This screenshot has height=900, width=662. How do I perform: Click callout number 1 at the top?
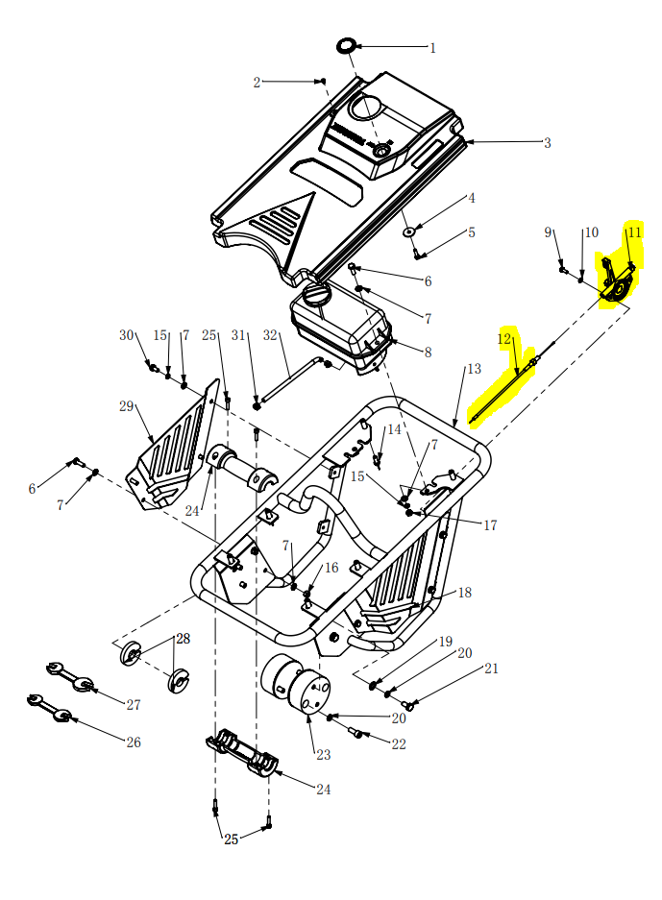pyautogui.click(x=432, y=47)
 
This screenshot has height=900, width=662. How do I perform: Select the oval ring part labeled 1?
pyautogui.click(x=346, y=45)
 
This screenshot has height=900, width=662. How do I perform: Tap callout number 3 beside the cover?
pyautogui.click(x=547, y=143)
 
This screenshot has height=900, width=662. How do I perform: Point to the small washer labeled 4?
pyautogui.click(x=408, y=231)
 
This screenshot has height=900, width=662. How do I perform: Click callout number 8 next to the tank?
pyautogui.click(x=428, y=353)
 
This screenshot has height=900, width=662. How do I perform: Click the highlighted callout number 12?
pyautogui.click(x=504, y=339)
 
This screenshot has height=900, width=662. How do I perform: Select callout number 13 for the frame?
pyautogui.click(x=474, y=369)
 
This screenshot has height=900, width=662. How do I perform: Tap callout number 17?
pyautogui.click(x=490, y=525)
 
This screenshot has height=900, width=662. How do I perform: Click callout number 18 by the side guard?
pyautogui.click(x=465, y=593)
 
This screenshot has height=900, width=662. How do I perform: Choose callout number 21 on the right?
pyautogui.click(x=491, y=669)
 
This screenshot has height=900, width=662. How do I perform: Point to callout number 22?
pyautogui.click(x=399, y=744)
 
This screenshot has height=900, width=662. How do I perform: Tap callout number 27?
pyautogui.click(x=133, y=705)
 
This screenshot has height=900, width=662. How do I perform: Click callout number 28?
pyautogui.click(x=183, y=639)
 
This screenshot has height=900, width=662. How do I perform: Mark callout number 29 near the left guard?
pyautogui.click(x=126, y=406)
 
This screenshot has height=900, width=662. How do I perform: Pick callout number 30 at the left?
pyautogui.click(x=126, y=335)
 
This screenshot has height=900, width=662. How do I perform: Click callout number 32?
pyautogui.click(x=270, y=335)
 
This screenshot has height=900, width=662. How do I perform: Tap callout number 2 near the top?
pyautogui.click(x=257, y=83)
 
